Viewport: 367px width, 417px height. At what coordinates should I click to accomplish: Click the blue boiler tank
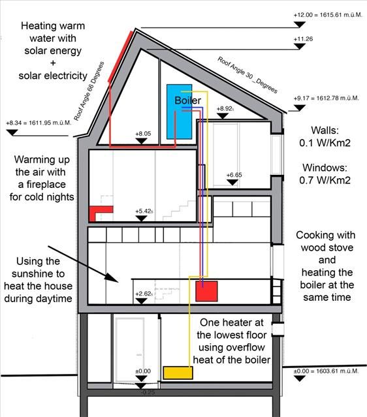(179, 112)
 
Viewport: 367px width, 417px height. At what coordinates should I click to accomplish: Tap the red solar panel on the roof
(120, 56)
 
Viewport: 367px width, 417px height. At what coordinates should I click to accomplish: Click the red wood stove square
(206, 291)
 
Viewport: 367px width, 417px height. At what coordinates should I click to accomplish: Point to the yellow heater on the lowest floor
(178, 373)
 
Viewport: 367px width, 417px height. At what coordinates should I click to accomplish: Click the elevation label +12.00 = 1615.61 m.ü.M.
(328, 15)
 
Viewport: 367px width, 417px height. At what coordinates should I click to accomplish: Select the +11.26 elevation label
(303, 39)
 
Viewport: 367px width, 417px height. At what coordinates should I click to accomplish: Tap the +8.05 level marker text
(143, 134)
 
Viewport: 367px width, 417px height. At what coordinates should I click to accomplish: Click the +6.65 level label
(234, 175)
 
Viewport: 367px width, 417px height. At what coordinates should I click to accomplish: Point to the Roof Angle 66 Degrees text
(89, 91)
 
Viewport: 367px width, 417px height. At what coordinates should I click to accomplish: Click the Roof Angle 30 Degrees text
(247, 75)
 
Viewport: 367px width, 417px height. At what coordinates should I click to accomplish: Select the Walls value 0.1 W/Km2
(325, 143)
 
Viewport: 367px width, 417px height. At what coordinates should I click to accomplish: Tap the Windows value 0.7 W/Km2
(325, 180)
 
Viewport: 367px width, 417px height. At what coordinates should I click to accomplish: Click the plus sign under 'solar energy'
(53, 63)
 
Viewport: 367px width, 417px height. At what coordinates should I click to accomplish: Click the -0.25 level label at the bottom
(148, 392)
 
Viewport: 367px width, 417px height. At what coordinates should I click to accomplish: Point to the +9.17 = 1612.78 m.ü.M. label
(327, 98)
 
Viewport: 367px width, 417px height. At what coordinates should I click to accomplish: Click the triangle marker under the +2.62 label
(141, 301)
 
